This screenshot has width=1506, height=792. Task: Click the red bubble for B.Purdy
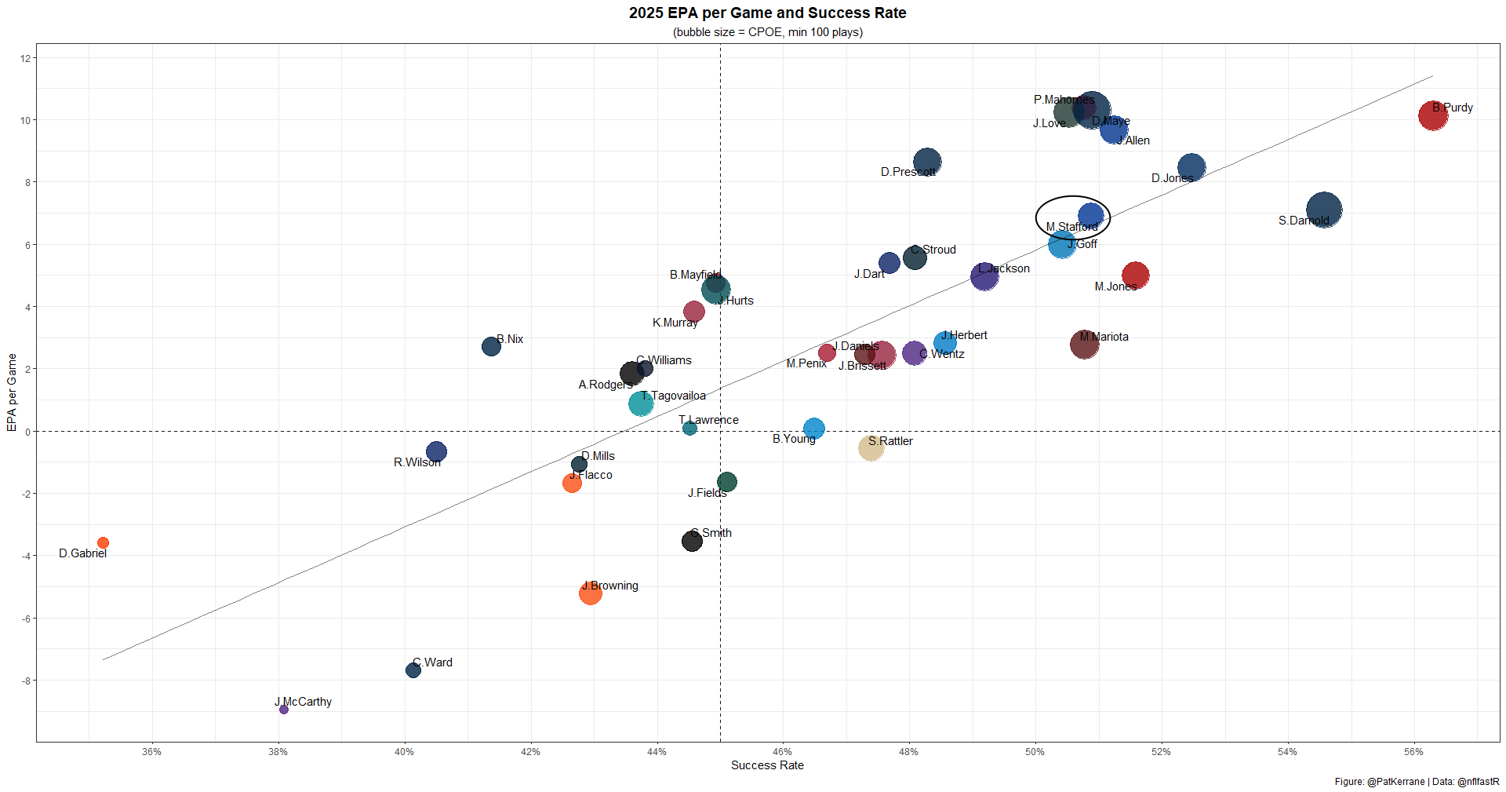pos(1432,116)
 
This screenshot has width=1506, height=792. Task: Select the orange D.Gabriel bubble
pos(103,543)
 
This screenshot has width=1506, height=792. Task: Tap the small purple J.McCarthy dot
pos(284,710)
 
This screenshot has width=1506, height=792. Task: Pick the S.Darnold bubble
pos(1324,210)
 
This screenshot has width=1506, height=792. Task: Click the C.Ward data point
pos(413,670)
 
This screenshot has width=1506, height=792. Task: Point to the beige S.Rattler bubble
pos(871,448)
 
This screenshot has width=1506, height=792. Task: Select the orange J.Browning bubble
pos(591,593)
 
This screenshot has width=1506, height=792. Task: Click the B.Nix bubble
pos(491,346)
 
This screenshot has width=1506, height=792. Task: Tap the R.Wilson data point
pos(436,452)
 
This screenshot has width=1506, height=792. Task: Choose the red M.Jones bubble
pos(1135,275)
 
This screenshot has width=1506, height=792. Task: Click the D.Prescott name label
pos(908,172)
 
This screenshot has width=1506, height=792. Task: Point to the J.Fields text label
pos(707,493)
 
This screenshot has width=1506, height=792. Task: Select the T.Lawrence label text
pos(708,420)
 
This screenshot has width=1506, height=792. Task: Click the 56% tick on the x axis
pos(1413,752)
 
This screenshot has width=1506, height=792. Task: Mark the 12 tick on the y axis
pos(25,59)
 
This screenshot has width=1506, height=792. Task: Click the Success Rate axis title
pos(767,765)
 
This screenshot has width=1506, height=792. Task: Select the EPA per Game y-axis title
pos(12,392)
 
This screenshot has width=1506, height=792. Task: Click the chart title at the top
pos(767,13)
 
